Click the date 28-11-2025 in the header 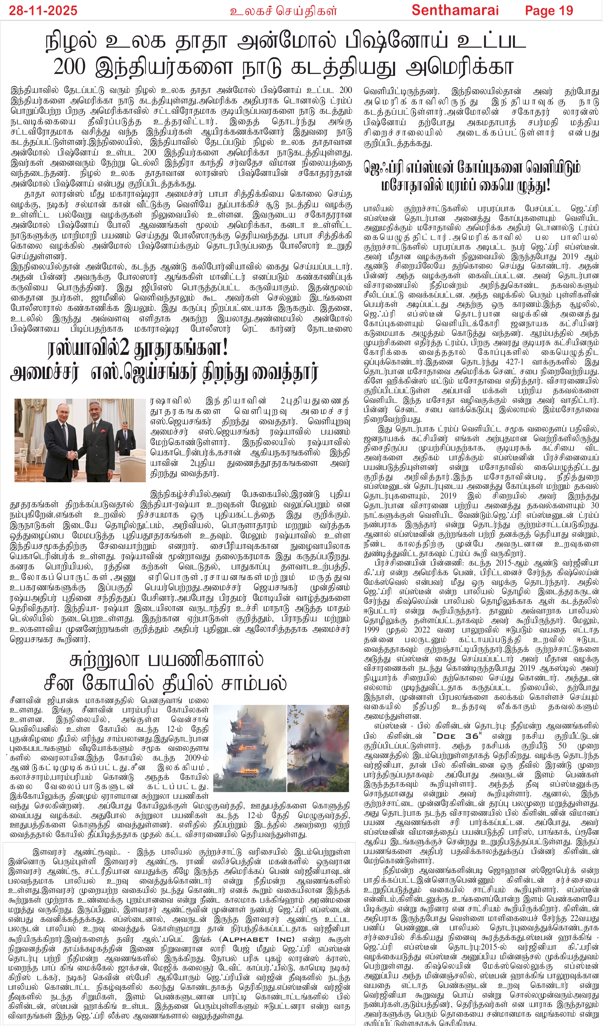coord(43,10)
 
